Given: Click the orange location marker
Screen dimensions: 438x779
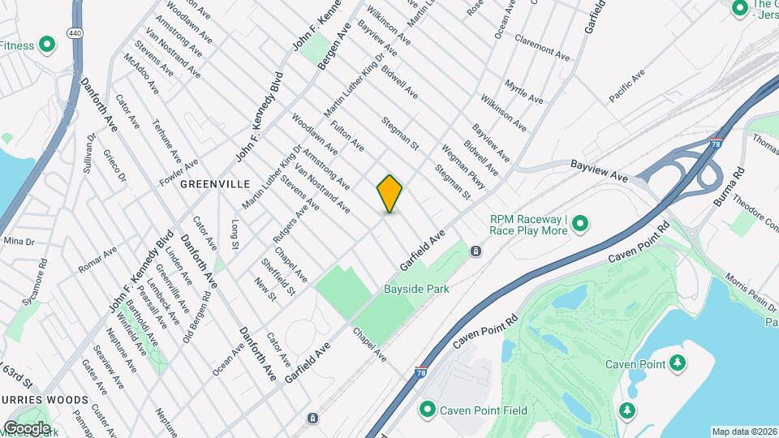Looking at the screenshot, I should [389, 194].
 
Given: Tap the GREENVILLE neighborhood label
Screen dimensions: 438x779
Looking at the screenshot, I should [214, 184].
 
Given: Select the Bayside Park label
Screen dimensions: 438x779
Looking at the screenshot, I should [416, 289].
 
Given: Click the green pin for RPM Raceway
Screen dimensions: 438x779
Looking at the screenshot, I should [580, 224].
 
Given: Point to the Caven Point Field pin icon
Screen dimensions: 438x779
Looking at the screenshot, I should [427, 410].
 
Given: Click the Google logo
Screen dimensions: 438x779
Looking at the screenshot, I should [27, 427].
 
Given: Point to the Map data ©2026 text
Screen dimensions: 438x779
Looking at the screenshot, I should [744, 432].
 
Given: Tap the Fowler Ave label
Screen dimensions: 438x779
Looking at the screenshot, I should [179, 166].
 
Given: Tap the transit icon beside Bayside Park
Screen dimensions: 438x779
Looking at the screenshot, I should [476, 251].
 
